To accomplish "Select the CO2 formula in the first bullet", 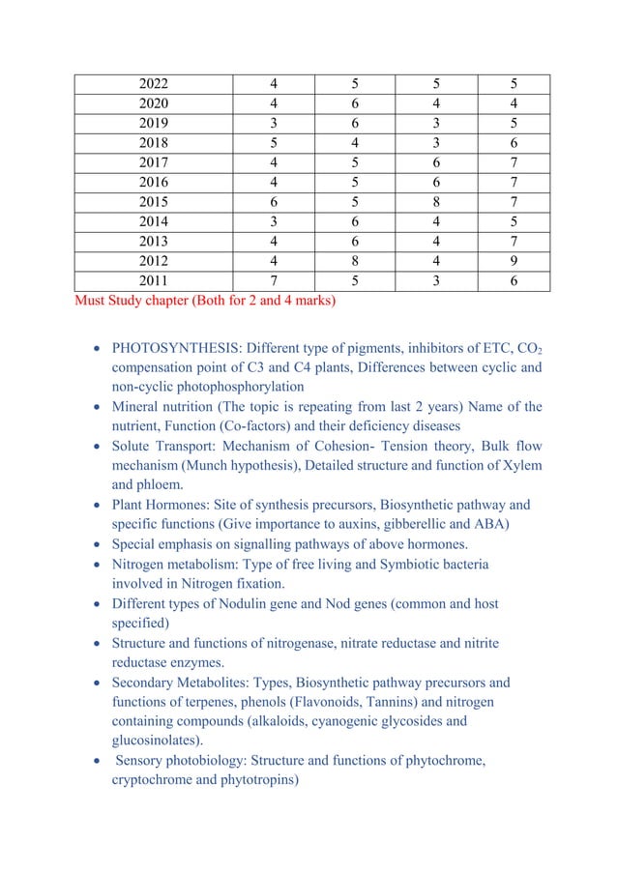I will [x=527, y=349].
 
